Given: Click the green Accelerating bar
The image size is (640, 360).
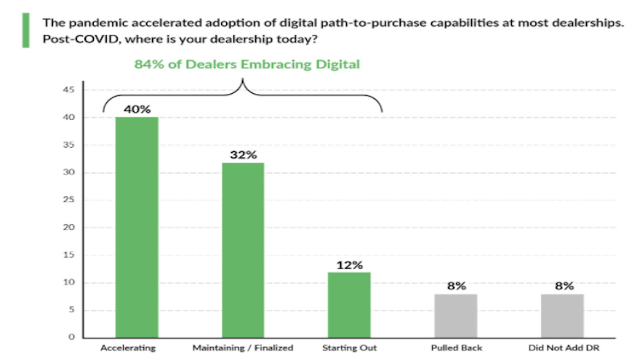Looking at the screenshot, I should click(137, 227).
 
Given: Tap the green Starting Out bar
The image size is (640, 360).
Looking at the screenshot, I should click(349, 305).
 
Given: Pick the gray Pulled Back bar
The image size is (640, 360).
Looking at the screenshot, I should click(456, 316).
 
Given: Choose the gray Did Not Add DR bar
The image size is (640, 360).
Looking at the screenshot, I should click(562, 316).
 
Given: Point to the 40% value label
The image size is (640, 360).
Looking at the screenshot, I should click(137, 109).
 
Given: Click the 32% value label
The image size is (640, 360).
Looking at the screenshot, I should click(243, 155).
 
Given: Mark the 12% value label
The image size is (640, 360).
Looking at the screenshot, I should click(349, 265).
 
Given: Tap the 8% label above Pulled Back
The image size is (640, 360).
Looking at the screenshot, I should click(456, 286).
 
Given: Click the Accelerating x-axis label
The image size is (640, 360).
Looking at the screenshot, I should click(129, 348).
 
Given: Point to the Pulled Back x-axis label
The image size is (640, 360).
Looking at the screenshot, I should click(456, 348).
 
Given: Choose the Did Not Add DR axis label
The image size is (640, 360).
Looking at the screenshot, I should click(562, 348).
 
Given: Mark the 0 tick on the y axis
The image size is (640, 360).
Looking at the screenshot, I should click(72, 337).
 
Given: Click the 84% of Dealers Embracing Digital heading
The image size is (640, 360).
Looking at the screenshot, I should click(247, 65).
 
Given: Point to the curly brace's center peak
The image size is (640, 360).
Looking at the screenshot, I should click(242, 81).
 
